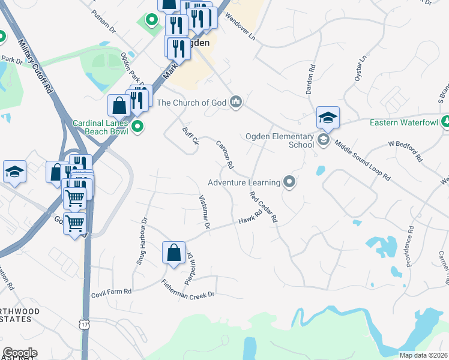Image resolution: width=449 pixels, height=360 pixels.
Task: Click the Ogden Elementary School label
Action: click(x=280, y=140)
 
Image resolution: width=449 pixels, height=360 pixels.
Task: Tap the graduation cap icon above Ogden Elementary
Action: click(x=328, y=118)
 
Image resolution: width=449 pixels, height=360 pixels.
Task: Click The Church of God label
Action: click(x=191, y=103)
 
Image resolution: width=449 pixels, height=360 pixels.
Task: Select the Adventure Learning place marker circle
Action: click(x=290, y=182)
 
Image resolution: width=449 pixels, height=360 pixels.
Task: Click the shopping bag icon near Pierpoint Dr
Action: click(x=173, y=253)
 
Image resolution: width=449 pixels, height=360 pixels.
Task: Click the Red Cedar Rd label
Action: click(x=264, y=206)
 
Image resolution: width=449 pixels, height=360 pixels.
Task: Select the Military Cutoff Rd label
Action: click(x=36, y=65)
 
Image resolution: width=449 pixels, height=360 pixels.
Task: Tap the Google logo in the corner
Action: click(x=19, y=353)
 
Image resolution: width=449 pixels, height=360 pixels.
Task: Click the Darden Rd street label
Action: click(x=311, y=77)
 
